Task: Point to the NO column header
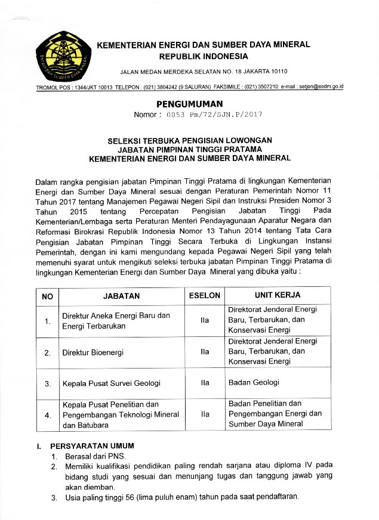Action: tap(47, 296)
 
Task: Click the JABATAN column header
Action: tap(121, 296)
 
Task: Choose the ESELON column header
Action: tap(205, 296)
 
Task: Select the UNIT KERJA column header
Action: tap(278, 295)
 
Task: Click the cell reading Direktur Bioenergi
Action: tap(93, 352)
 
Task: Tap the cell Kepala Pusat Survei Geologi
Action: tap(111, 383)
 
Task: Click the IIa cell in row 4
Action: tap(205, 413)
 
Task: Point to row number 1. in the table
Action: tap(47, 322)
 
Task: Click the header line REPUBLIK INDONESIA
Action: tap(203, 57)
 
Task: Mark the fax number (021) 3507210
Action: tap(260, 87)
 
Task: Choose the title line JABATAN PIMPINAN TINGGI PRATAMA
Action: tap(189, 149)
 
